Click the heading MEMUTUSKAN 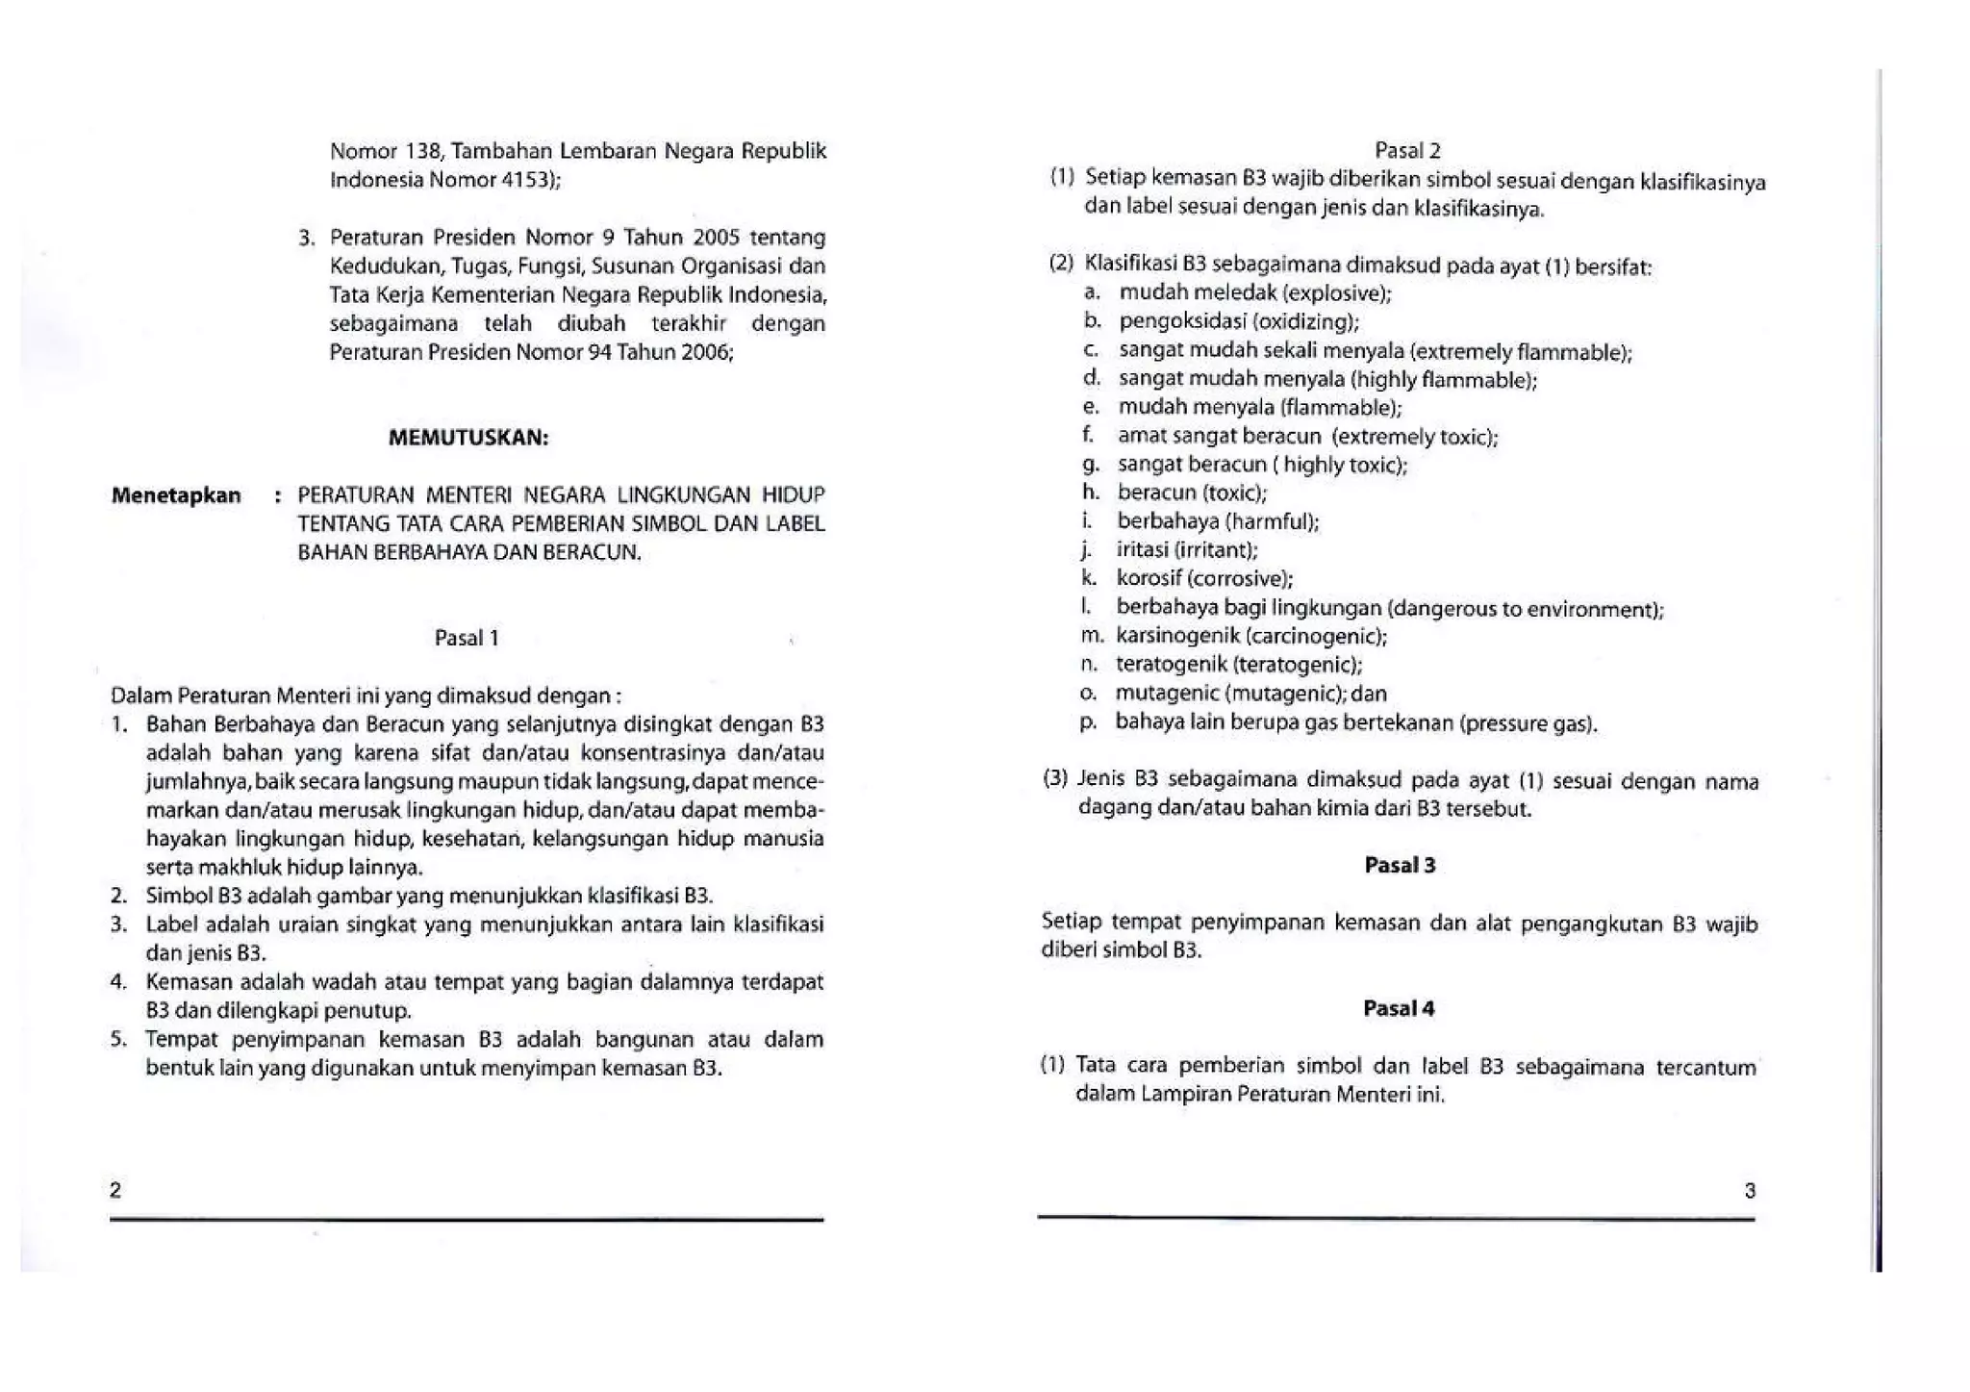468,438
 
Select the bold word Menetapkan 176,495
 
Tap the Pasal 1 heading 467,638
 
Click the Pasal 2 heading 1407,150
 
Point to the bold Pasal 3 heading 1400,865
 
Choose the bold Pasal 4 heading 1399,1008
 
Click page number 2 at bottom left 115,1190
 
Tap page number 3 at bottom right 1750,1191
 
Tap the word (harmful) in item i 1272,521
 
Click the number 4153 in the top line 524,180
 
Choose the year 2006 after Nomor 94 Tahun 705,352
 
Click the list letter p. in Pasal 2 1088,722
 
